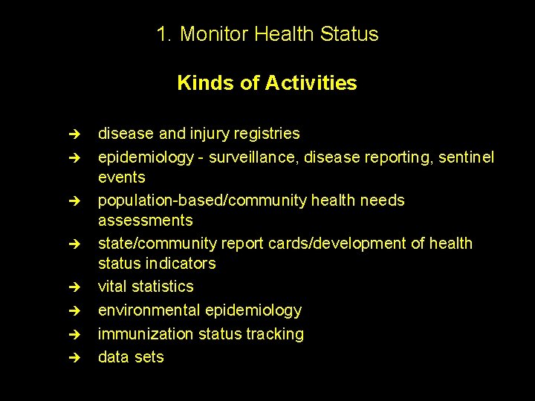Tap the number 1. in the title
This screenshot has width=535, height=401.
click(165, 34)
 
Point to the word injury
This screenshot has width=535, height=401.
click(212, 134)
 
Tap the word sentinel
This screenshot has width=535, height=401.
click(465, 157)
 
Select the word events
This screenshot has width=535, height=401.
click(122, 177)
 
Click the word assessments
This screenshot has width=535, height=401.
click(146, 221)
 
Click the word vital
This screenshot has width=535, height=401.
click(112, 287)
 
